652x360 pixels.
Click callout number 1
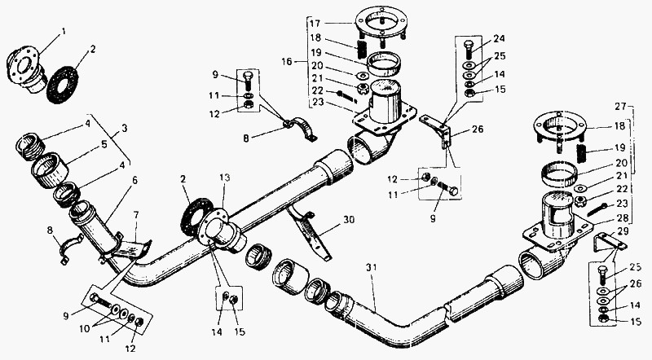tap(64, 31)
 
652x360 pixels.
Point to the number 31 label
tap(371, 267)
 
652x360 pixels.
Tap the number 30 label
tap(349, 219)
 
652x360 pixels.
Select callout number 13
tap(225, 178)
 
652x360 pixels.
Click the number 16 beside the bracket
tap(287, 62)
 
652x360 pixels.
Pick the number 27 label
tap(620, 107)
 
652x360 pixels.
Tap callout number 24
tap(499, 38)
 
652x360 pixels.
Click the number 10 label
tap(85, 328)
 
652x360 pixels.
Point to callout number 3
tap(125, 129)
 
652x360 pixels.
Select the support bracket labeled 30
tap(309, 235)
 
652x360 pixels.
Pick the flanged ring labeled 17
tap(381, 26)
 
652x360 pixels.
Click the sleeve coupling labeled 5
tap(51, 169)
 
